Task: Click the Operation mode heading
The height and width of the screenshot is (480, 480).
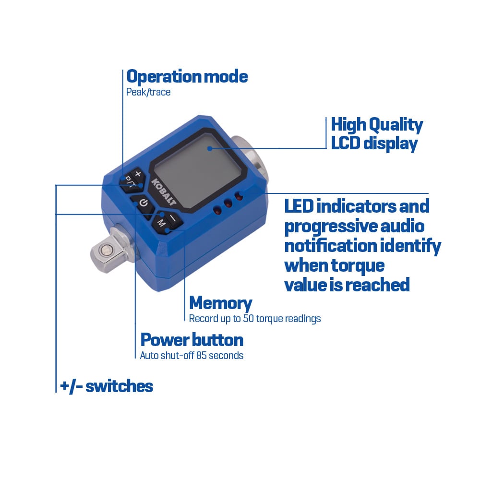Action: (x=187, y=76)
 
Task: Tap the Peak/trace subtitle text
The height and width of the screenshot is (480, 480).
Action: (x=148, y=92)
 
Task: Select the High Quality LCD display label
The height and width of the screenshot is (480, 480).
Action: (x=377, y=134)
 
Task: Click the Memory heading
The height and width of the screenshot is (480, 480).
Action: (x=221, y=303)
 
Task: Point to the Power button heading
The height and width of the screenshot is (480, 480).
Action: (x=192, y=340)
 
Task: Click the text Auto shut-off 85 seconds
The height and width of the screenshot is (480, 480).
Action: (x=192, y=355)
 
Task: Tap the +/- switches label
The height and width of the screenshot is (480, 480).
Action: (x=107, y=386)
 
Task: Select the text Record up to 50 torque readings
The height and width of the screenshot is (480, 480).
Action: (x=255, y=319)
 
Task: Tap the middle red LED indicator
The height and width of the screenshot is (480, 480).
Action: (x=228, y=203)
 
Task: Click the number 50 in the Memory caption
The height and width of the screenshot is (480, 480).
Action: (x=248, y=318)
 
